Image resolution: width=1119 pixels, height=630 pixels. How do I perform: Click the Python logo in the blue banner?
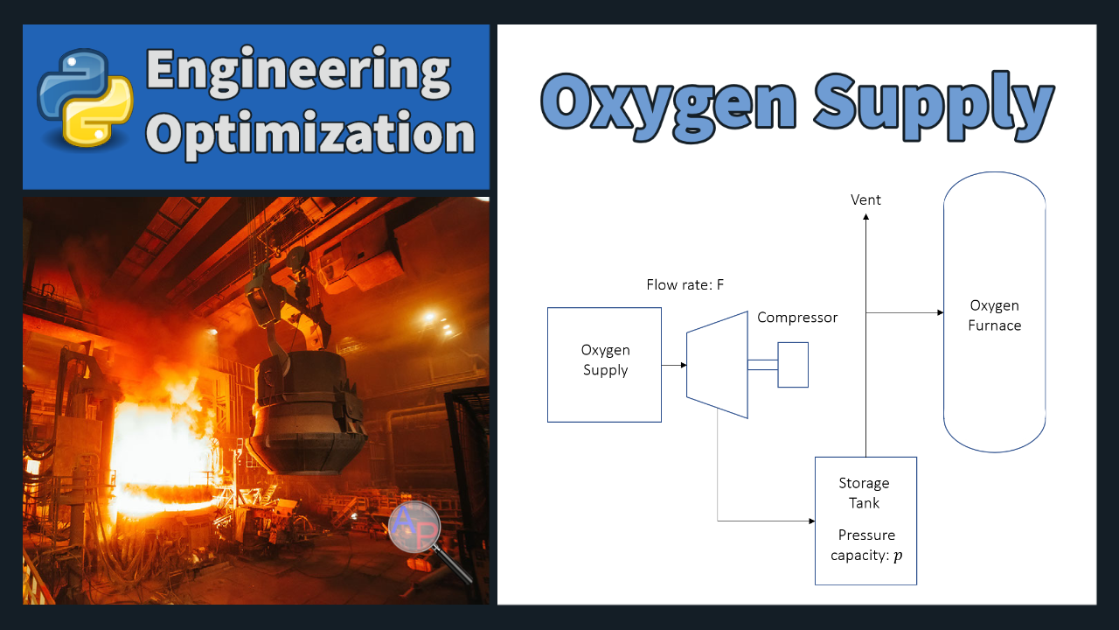(85, 98)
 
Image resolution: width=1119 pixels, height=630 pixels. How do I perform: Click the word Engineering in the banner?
(298, 71)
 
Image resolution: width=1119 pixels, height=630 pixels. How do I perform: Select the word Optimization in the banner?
(310, 135)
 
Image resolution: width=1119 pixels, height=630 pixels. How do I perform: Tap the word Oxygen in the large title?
(669, 107)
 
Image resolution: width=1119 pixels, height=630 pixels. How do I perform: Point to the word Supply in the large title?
(935, 106)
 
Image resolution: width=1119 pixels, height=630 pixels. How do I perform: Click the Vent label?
(865, 200)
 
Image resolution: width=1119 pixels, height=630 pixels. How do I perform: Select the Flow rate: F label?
(685, 285)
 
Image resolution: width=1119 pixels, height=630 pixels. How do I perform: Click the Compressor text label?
(797, 318)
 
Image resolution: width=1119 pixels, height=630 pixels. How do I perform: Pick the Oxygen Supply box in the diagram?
(604, 365)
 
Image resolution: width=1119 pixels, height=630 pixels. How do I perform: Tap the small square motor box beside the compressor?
(793, 365)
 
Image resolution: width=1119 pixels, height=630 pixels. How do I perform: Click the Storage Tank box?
(865, 521)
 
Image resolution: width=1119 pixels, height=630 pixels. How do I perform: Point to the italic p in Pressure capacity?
(898, 556)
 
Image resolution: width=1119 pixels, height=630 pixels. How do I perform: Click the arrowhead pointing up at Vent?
(865, 217)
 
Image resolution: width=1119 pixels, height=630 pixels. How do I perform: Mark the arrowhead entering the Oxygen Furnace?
(940, 313)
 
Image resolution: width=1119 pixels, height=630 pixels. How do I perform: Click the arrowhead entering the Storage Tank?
(812, 521)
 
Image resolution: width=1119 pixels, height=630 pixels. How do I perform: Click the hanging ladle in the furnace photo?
(306, 410)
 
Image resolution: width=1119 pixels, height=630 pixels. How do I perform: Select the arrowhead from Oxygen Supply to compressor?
(684, 365)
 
